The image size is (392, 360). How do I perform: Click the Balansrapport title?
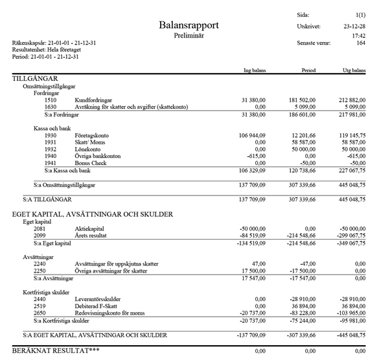pos(189,25)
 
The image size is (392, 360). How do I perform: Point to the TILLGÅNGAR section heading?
pos(38,78)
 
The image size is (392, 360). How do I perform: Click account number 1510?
pos(50,100)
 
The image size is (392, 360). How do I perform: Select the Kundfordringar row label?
pos(94,100)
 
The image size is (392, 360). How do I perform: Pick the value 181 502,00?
pos(303,100)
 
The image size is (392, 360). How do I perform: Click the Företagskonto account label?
pos(93,135)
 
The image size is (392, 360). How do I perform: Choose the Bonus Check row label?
pos(91,163)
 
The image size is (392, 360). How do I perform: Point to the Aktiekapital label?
pos(91,229)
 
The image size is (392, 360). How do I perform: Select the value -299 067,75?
pos(351,236)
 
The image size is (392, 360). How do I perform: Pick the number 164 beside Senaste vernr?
pos(361,43)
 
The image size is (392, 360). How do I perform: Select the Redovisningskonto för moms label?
pos(110,313)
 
